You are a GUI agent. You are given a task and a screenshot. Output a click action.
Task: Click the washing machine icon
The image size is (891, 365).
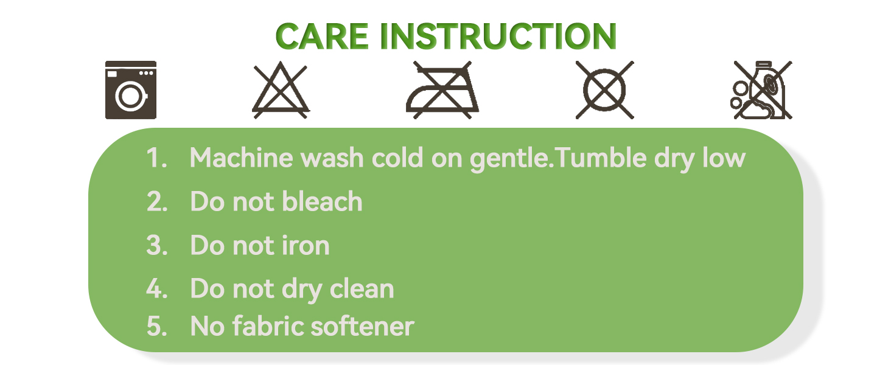click(x=130, y=90)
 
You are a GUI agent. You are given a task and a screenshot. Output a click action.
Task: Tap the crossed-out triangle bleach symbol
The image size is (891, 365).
click(x=281, y=90)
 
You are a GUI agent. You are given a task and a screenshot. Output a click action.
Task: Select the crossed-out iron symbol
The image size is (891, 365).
click(x=442, y=90)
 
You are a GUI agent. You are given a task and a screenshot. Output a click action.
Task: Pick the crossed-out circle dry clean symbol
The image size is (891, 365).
click(x=604, y=90)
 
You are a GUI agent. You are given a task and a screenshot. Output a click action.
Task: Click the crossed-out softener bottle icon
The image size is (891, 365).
click(x=761, y=90)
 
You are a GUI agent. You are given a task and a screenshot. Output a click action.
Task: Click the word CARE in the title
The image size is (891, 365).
click(x=322, y=36)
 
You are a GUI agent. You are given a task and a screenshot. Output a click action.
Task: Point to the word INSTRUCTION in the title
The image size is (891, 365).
click(x=498, y=36)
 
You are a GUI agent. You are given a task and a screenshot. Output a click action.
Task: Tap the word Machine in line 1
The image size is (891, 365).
click(x=242, y=158)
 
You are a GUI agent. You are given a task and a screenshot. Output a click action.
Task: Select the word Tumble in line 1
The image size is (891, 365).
click(x=601, y=158)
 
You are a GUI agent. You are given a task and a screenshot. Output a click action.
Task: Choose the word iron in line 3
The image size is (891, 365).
click(x=306, y=245)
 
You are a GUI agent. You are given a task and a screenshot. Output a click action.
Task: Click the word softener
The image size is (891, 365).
click(x=362, y=326)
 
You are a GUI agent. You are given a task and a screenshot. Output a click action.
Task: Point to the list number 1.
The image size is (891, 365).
click(x=156, y=158)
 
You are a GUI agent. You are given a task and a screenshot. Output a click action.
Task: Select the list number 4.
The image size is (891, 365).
click(x=157, y=288)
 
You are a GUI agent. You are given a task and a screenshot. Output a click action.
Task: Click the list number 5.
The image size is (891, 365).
click(x=157, y=326)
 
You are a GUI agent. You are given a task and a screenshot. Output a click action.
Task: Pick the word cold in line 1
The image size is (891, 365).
click(x=397, y=158)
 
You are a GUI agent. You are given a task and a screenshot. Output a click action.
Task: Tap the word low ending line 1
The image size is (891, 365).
click(x=724, y=158)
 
